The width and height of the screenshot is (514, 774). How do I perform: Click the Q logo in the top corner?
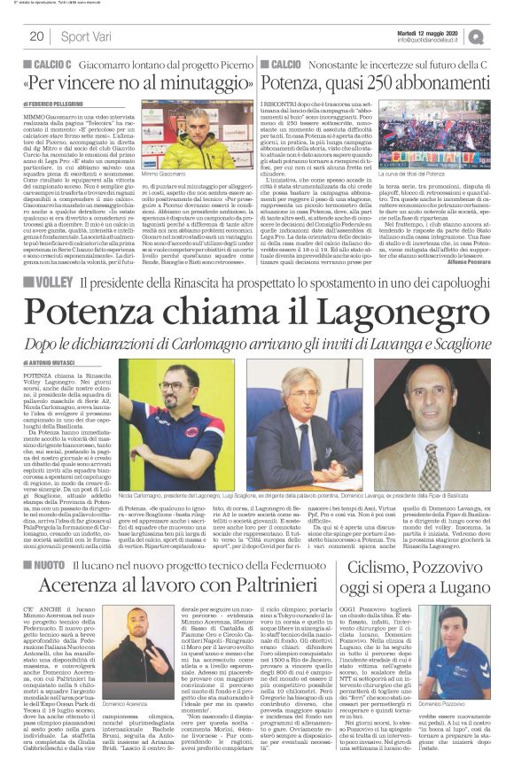click(x=502, y=35)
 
